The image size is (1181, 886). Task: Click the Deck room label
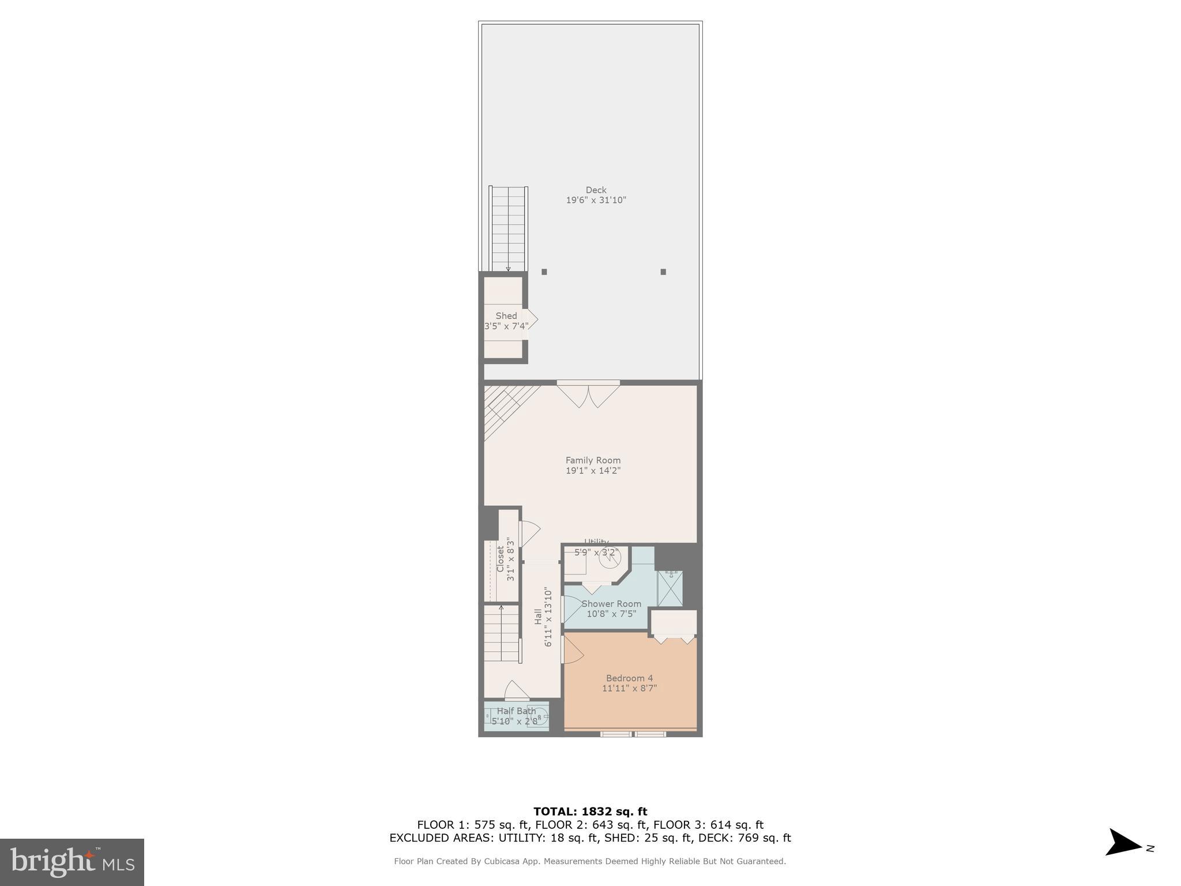[596, 190]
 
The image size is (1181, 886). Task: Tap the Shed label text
[506, 316]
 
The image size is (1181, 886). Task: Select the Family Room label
[593, 460]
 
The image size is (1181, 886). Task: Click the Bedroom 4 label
[629, 678]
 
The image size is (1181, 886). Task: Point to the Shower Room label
[611, 604]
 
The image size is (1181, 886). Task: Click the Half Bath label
[516, 711]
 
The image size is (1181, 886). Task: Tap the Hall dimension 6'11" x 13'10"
[548, 617]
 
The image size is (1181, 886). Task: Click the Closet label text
[501, 559]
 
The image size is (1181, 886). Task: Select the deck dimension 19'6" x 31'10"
[596, 200]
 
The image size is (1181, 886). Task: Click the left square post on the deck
[544, 272]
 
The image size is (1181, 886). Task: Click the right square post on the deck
[663, 272]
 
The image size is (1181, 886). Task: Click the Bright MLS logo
[72, 862]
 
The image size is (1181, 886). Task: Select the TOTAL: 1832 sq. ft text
[590, 812]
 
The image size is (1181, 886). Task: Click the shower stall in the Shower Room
[670, 588]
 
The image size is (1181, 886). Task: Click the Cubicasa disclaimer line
[590, 861]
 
